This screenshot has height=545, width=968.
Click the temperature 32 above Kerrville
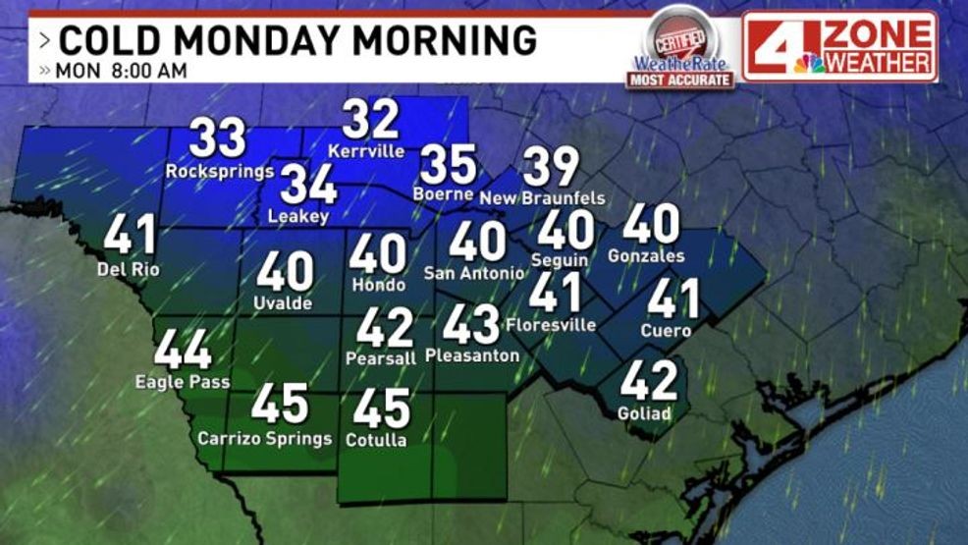[371, 120]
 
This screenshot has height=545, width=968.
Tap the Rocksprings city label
[219, 171]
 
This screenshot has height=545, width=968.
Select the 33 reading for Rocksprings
[217, 138]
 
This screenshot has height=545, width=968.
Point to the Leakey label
[297, 217]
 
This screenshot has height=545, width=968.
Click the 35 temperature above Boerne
[448, 164]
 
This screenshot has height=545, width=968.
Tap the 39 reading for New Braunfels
[551, 167]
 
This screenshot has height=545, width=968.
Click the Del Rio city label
[130, 268]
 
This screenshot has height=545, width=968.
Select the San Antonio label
[474, 272]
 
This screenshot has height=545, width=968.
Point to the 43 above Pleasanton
[471, 324]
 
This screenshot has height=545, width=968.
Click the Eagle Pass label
[183, 382]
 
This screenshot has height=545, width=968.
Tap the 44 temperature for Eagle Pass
[183, 349]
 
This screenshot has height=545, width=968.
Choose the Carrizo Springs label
[265, 438]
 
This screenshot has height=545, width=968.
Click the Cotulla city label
[376, 440]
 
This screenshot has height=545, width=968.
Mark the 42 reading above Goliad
[648, 380]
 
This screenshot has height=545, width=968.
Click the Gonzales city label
[646, 256]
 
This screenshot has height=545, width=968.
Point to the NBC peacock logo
[809, 63]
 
